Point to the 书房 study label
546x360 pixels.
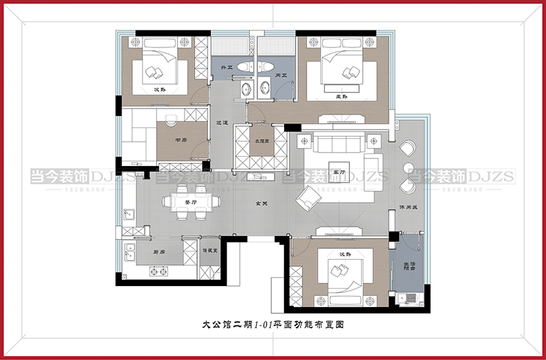tap(180, 140)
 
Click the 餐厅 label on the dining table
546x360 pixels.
tap(191, 201)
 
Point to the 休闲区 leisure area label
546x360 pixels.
tap(407, 207)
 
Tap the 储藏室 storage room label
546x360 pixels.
tap(210, 251)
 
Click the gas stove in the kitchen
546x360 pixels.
tap(158, 273)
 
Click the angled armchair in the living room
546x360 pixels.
tap(309, 197)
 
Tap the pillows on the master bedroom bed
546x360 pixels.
tap(352, 72)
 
